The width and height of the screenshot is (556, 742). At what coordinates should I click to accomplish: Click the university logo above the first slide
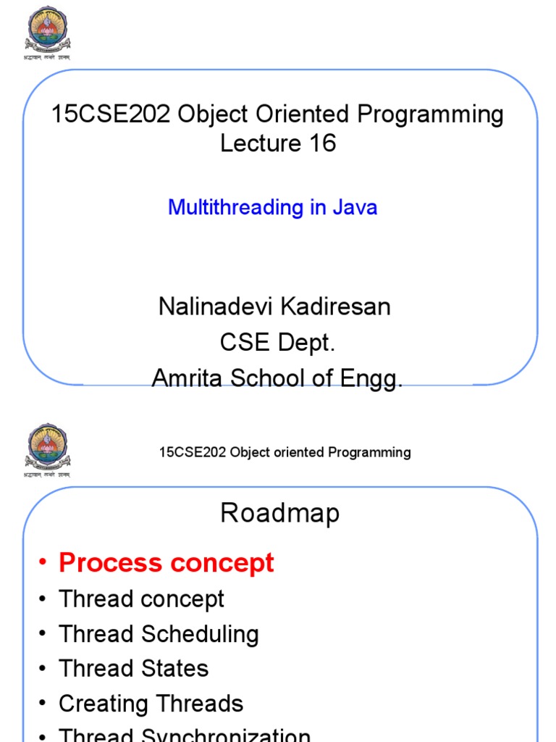49,29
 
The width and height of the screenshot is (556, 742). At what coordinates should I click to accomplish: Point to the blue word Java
355,207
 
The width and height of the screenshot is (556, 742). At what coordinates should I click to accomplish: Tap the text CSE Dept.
277,342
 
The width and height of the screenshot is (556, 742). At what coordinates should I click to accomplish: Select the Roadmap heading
279,514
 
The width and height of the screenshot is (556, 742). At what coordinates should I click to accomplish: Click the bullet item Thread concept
141,599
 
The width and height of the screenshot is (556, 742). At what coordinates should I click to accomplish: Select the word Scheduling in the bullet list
199,635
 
